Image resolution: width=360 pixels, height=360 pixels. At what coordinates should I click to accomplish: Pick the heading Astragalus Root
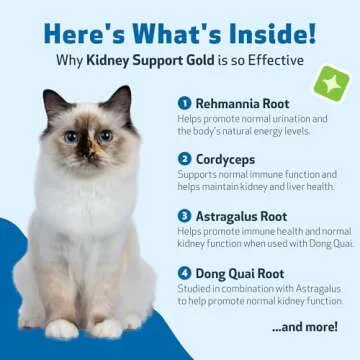240,214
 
